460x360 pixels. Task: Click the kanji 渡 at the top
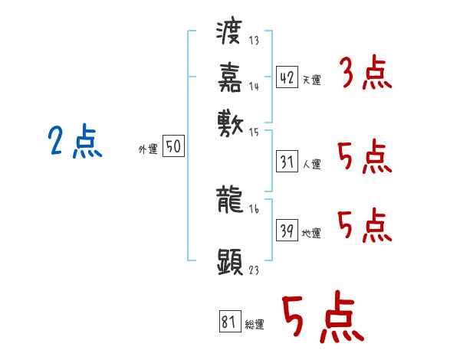pyautogui.click(x=230, y=34)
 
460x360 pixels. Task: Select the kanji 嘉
pyautogui.click(x=230, y=77)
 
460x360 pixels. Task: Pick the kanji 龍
pyautogui.click(x=230, y=201)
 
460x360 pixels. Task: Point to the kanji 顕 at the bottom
pyautogui.click(x=230, y=260)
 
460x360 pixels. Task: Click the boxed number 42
pyautogui.click(x=286, y=77)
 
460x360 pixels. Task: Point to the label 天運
pyautogui.click(x=311, y=80)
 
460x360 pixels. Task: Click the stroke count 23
pyautogui.click(x=253, y=270)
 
